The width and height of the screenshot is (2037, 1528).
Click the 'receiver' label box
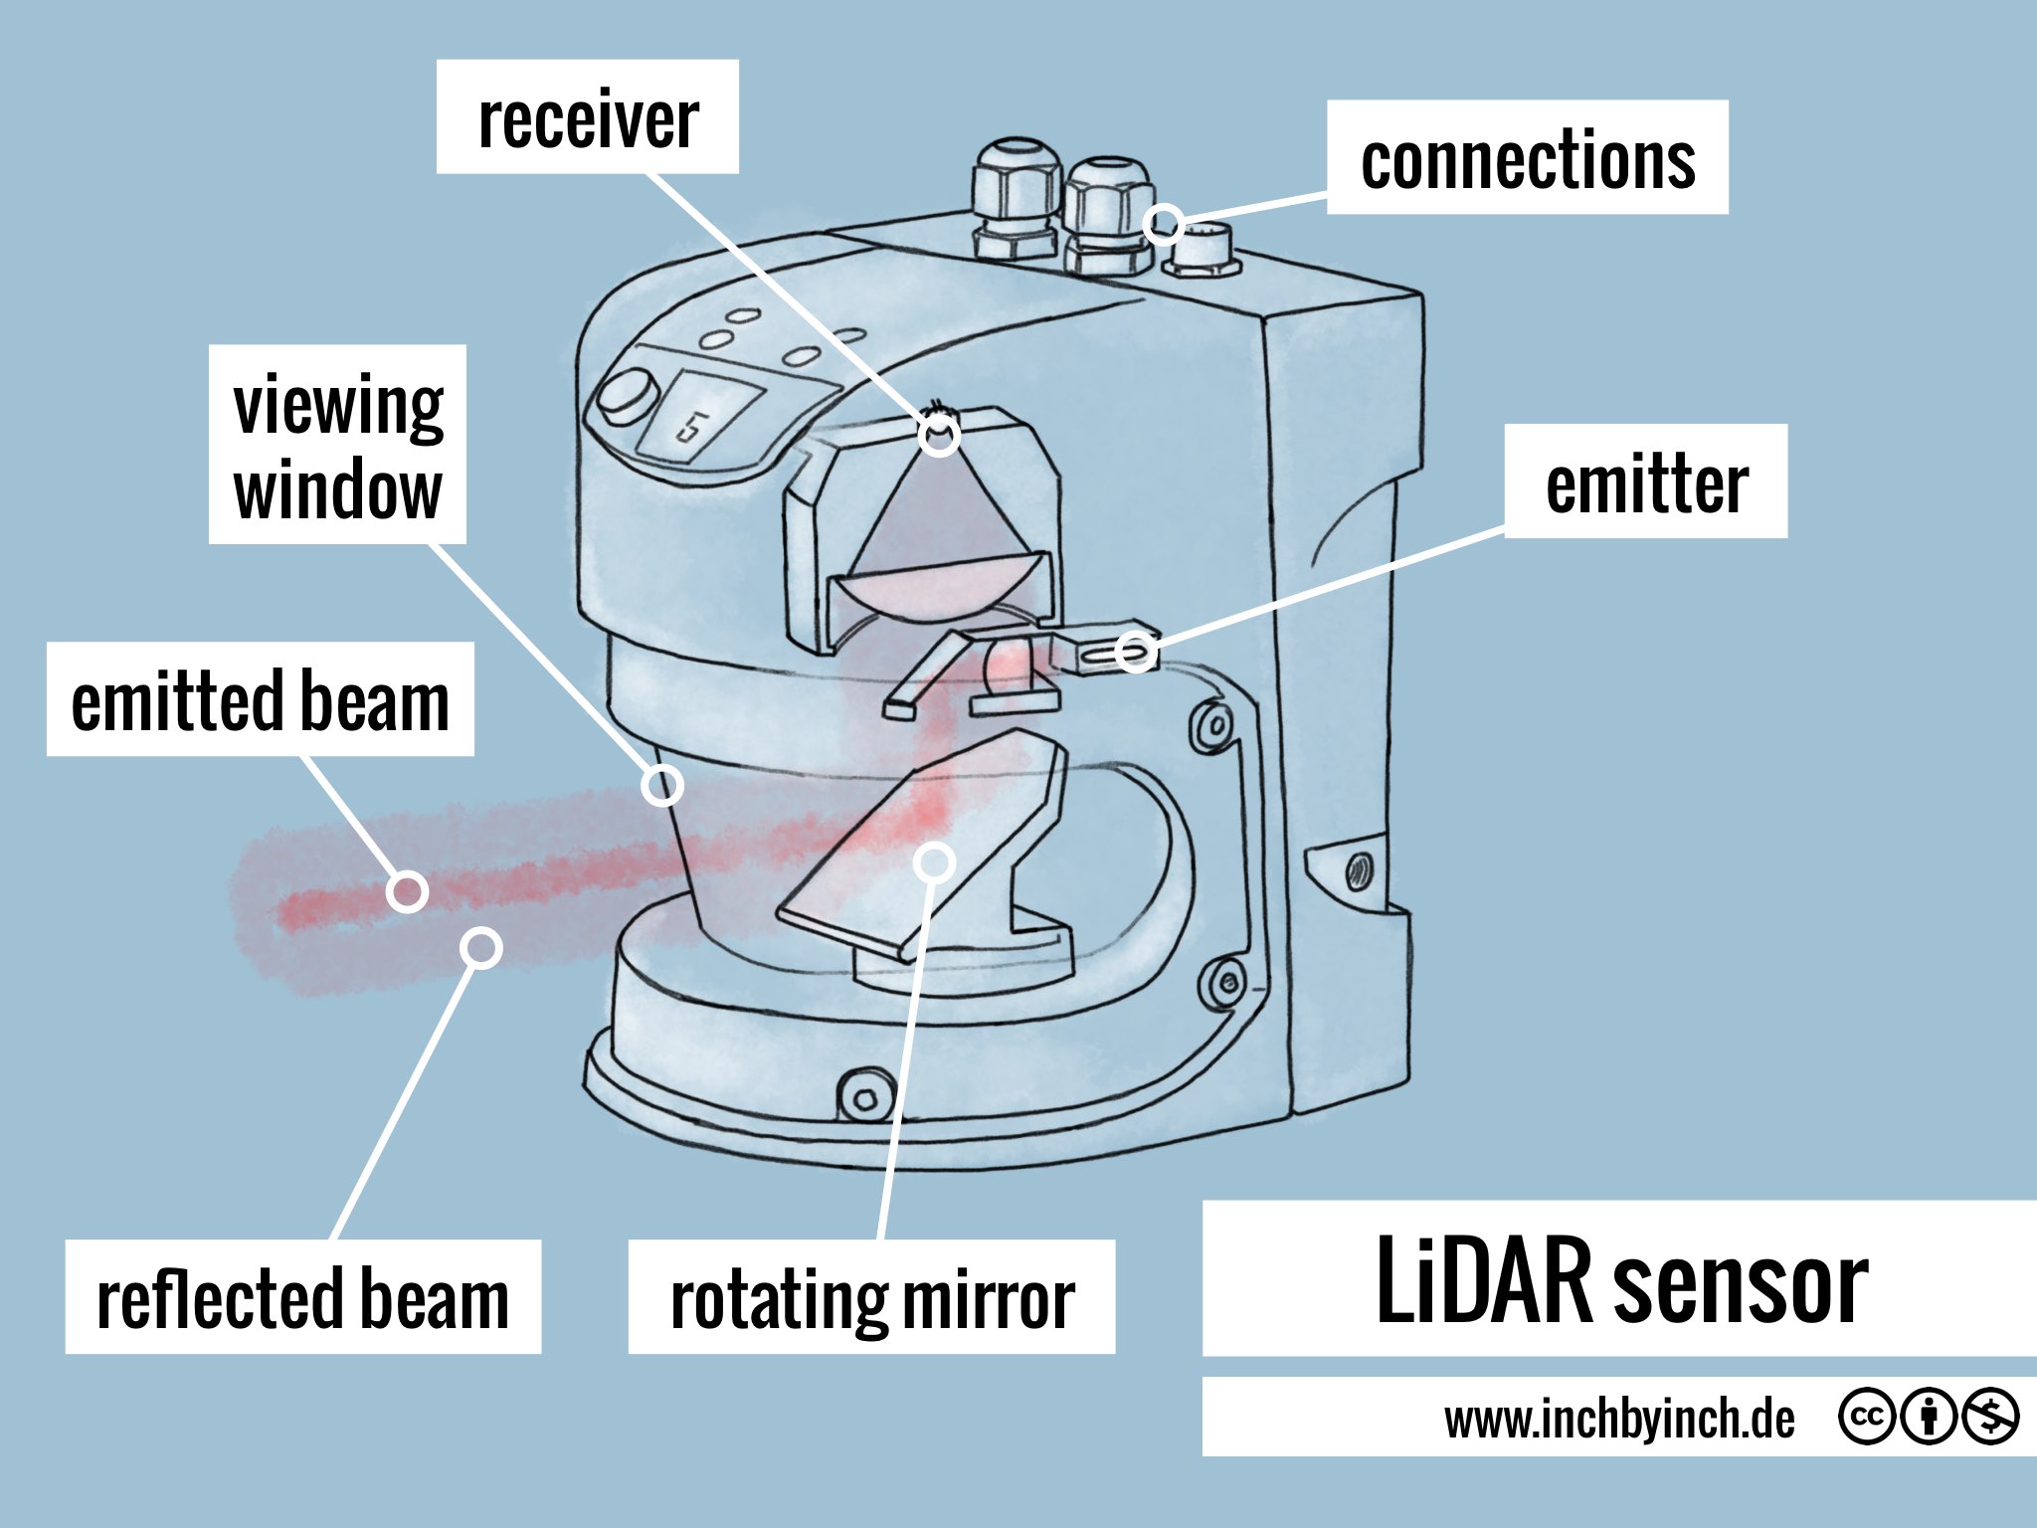coord(587,117)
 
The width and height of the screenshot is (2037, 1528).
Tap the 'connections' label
coord(1527,157)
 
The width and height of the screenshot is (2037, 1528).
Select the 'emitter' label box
coord(1645,481)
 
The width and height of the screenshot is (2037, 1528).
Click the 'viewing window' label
coord(337,445)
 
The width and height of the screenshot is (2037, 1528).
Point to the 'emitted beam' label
coord(260,699)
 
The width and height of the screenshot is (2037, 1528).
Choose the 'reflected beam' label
coord(302,1296)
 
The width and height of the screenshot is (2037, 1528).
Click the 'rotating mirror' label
coord(871,1296)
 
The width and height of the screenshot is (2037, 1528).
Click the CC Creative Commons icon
coord(1865,1417)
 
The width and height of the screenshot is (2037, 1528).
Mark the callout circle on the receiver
coord(938,436)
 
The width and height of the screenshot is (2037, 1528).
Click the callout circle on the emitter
coord(1136,652)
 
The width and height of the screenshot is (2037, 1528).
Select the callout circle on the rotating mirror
coord(934,861)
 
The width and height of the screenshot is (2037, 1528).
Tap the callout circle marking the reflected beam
coord(481,948)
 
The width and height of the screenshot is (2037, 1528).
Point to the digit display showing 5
coord(697,418)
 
